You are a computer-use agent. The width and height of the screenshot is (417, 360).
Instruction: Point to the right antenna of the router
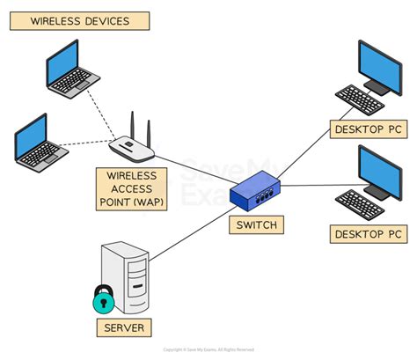(x=149, y=128)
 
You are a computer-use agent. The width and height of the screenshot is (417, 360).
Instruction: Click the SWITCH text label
(x=256, y=225)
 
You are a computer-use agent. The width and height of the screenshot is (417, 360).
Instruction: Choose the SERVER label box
(x=123, y=329)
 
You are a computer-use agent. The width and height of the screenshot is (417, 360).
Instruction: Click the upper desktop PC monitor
(x=380, y=66)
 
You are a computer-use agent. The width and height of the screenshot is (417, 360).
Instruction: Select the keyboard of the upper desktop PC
(x=361, y=99)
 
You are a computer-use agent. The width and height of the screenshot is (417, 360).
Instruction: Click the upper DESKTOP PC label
(x=369, y=130)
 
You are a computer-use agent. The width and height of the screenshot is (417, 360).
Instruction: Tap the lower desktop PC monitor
(x=379, y=170)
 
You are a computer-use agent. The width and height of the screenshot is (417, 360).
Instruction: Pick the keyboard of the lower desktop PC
(x=360, y=203)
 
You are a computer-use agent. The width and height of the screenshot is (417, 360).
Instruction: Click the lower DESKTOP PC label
(x=369, y=234)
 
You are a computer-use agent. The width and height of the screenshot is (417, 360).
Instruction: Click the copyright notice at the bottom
(x=208, y=350)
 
